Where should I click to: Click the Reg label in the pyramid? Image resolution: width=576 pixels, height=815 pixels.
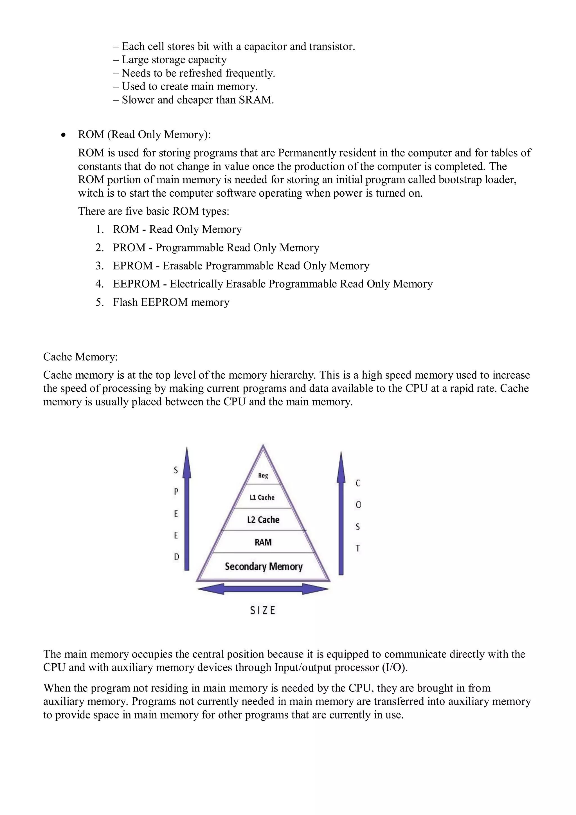(x=263, y=476)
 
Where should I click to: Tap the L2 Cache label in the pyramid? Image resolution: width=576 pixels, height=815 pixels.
(x=263, y=520)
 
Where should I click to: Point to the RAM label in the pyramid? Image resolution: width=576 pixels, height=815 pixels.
(x=263, y=542)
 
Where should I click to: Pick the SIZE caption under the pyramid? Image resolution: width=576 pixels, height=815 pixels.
(x=263, y=610)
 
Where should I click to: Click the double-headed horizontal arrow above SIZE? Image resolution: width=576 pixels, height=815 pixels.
(x=263, y=589)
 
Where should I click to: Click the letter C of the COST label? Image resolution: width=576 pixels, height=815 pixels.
(x=358, y=483)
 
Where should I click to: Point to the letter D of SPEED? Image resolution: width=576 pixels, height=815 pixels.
(x=176, y=557)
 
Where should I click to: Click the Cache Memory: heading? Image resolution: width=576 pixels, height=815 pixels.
(x=80, y=357)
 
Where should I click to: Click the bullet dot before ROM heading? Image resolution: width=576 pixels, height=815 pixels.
(x=63, y=135)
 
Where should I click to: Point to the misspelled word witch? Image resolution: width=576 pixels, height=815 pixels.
(x=91, y=193)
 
